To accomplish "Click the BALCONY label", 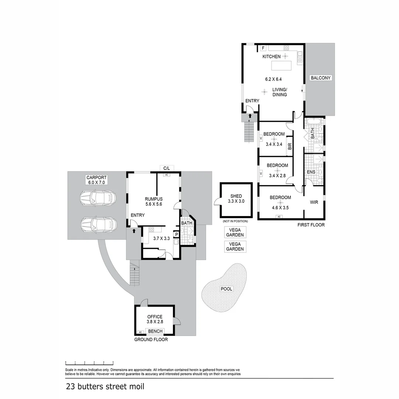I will [x=321, y=78].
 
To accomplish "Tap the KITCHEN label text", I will [x=272, y=57].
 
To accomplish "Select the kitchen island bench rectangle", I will [x=281, y=65].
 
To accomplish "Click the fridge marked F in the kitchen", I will [x=263, y=48].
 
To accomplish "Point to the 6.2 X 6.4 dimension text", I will [x=273, y=79].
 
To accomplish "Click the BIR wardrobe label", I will [x=290, y=146].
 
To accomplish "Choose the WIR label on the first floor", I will [x=314, y=202].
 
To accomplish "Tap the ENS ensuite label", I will [x=311, y=172].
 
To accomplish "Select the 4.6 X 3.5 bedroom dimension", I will [x=280, y=208].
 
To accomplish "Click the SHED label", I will [x=236, y=196].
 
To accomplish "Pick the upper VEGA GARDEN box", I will [x=235, y=232].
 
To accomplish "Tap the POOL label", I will [x=226, y=289].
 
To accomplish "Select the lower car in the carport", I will [x=98, y=224].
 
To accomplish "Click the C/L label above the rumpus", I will [x=167, y=168].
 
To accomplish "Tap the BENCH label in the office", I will [x=155, y=331].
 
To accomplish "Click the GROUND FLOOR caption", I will [x=151, y=340].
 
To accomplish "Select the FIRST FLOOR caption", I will [x=311, y=225].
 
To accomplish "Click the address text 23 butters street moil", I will [x=105, y=387].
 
